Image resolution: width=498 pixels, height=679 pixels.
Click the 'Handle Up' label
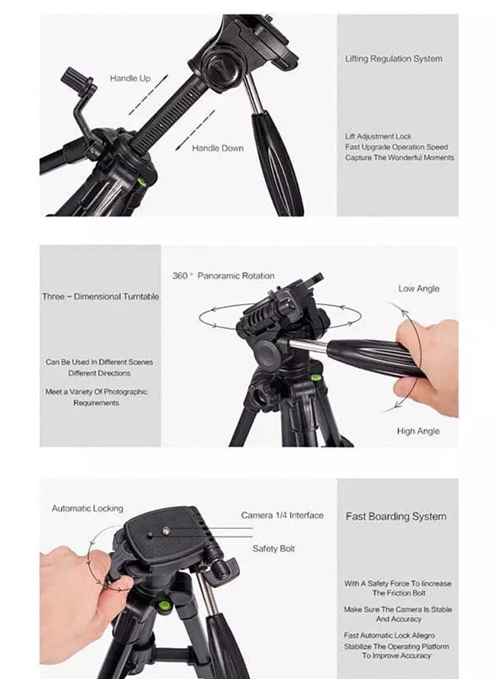(x=130, y=78)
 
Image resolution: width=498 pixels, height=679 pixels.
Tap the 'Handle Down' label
(x=217, y=148)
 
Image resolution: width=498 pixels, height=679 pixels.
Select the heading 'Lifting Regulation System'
(x=394, y=58)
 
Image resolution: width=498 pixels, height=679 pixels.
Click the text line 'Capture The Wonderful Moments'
(x=399, y=158)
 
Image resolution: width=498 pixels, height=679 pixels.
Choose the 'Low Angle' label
(x=419, y=288)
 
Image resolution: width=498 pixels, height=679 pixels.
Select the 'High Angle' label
(x=418, y=431)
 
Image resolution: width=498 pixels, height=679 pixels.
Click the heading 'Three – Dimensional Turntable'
(x=100, y=296)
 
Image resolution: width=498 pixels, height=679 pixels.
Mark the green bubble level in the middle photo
(x=316, y=377)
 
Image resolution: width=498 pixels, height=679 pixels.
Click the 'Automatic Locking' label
(x=87, y=508)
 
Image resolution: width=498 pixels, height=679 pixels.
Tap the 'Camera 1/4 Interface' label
(x=282, y=515)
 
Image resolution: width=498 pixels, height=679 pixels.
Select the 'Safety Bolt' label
(x=274, y=548)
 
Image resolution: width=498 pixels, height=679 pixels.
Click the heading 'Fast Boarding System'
(x=395, y=517)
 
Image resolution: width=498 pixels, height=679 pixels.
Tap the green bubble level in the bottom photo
(x=161, y=604)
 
